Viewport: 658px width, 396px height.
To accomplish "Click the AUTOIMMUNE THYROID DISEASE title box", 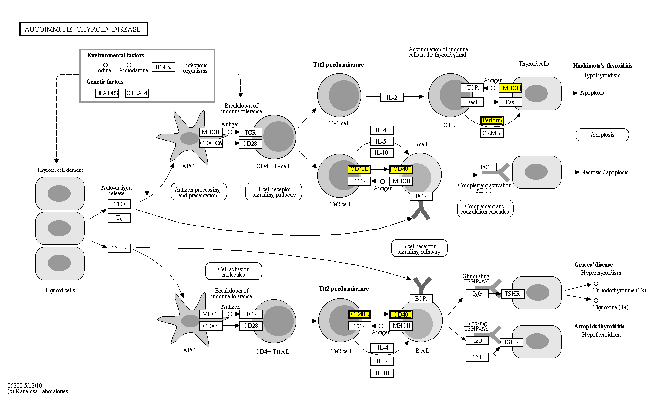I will (84, 29).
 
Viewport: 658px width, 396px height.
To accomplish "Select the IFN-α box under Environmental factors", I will (163, 67).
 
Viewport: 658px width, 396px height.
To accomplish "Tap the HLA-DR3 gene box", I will (107, 93).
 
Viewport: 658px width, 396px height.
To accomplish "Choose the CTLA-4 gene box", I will (137, 93).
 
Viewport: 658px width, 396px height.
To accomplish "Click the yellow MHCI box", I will (510, 88).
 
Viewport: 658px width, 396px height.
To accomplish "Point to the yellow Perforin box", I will (492, 120).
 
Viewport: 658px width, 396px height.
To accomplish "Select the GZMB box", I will (492, 133).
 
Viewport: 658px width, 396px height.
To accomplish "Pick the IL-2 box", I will (392, 97).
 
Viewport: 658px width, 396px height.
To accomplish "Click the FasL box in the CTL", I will (472, 102).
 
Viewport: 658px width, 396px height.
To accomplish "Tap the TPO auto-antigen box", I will (119, 204).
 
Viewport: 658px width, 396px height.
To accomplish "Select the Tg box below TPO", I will (119, 217).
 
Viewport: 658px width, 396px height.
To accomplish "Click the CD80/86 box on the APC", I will (211, 143).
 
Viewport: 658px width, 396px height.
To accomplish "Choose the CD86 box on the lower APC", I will (211, 326).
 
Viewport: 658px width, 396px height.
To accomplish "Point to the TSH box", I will (477, 357).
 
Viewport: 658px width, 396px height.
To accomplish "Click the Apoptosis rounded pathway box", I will (602, 135).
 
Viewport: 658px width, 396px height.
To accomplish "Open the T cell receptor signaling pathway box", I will (274, 192).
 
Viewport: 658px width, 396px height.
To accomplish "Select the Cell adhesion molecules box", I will (234, 271).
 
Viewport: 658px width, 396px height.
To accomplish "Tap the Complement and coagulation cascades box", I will (485, 209).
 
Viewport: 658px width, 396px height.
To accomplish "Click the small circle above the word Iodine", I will (105, 65).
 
